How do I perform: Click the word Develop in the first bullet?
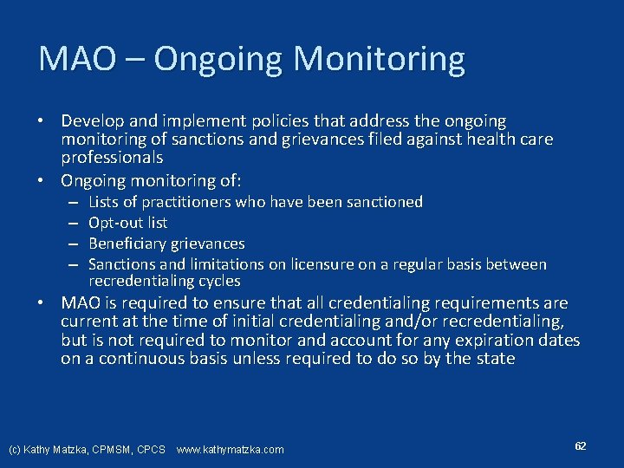click(x=90, y=121)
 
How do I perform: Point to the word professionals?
click(x=112, y=158)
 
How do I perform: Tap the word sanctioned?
click(x=382, y=202)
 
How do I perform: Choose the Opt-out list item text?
click(x=128, y=223)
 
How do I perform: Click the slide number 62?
click(x=581, y=445)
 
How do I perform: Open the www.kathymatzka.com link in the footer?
click(x=230, y=449)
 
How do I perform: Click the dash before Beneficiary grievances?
click(x=75, y=244)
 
